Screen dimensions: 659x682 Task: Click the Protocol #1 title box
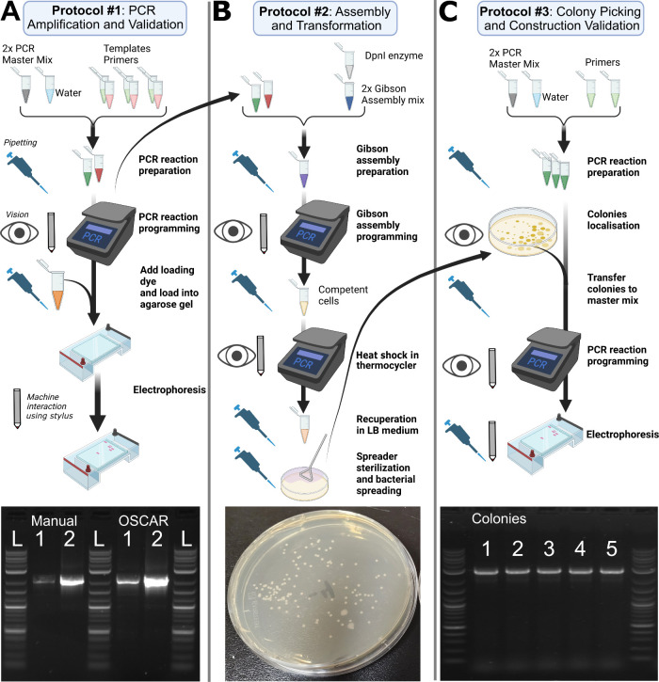point(104,18)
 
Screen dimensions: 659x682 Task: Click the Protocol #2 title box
point(326,18)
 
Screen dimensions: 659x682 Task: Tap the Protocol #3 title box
point(561,18)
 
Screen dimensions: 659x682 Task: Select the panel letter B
point(221,11)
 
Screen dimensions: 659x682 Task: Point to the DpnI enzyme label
point(394,56)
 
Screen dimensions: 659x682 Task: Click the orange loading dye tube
point(56,286)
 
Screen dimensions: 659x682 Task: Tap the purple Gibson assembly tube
point(303,171)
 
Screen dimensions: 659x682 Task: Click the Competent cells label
point(343,295)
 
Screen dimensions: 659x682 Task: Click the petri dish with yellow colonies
point(523,231)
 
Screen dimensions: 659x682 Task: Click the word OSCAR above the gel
point(143,520)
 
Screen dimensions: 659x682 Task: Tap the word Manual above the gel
point(54,520)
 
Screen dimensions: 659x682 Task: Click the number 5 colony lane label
point(612,548)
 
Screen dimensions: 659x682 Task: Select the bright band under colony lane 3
point(549,571)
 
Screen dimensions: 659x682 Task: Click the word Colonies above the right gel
point(499,518)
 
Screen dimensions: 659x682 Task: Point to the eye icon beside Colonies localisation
point(464,235)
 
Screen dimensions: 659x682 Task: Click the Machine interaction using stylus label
point(50,406)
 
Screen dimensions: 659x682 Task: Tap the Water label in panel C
point(555,97)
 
